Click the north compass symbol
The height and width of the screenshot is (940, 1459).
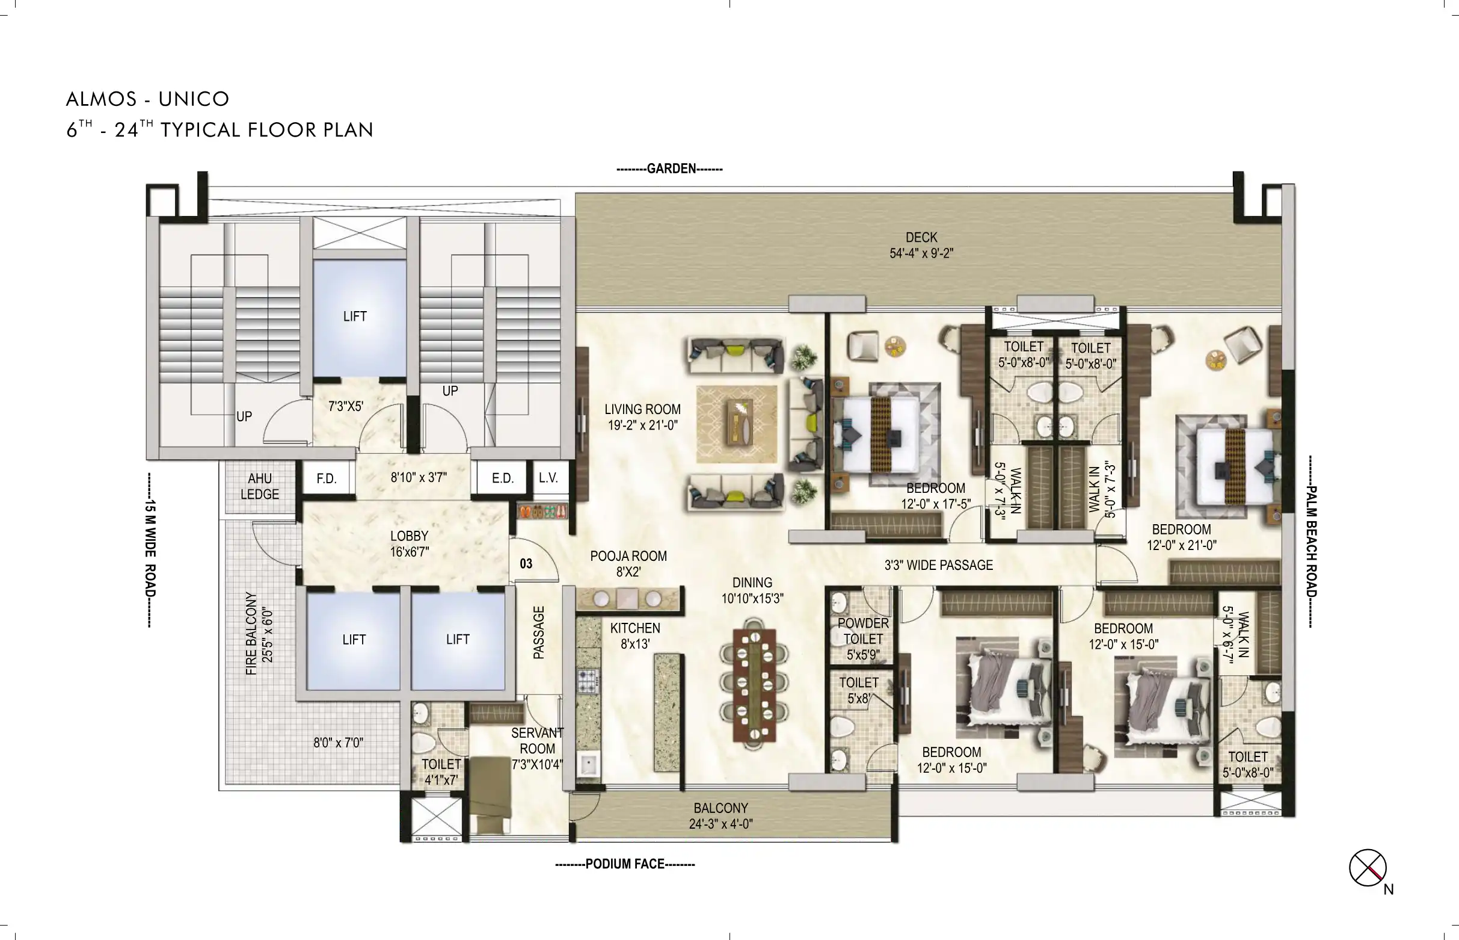click(x=1368, y=868)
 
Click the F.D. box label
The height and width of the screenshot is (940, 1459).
click(x=327, y=478)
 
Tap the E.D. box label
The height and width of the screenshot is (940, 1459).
click(x=503, y=478)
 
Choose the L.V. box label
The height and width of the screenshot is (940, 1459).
click(x=548, y=478)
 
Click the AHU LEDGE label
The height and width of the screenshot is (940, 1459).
click(x=260, y=486)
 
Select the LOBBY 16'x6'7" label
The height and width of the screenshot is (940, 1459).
click(x=410, y=544)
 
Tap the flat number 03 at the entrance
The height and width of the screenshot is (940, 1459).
click(x=526, y=564)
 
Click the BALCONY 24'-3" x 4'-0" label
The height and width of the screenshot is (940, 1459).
click(x=721, y=816)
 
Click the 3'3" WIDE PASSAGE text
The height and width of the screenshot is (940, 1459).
click(x=939, y=565)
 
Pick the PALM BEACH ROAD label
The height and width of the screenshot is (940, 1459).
click(x=1313, y=542)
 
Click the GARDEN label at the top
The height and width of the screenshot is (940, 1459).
click(x=670, y=169)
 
